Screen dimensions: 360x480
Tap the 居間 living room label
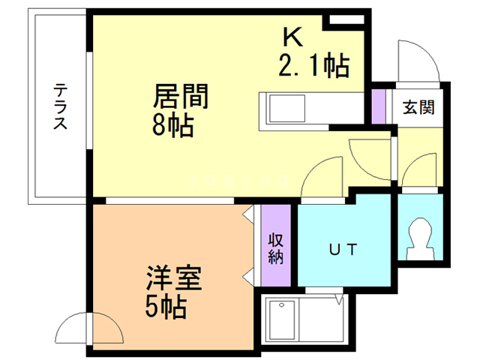180,97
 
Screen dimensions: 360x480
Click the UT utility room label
343,248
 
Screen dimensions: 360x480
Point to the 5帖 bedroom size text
166,306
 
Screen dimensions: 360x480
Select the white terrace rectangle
58,107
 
